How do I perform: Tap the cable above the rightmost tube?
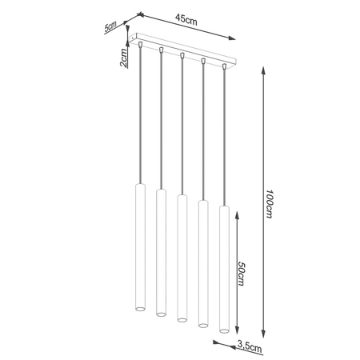(x=223, y=136)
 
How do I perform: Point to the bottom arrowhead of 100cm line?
(x=264, y=335)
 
